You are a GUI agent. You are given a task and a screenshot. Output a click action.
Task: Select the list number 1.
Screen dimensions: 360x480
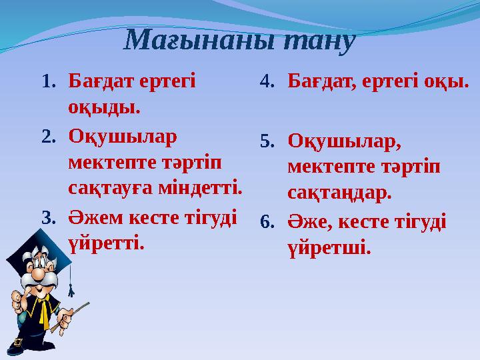48,82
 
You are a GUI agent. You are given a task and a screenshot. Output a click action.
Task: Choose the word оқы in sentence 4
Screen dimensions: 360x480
449,82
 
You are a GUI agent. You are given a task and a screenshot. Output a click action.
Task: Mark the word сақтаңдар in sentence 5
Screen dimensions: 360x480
339,193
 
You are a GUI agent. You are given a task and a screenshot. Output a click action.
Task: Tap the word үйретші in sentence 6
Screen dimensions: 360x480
329,247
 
